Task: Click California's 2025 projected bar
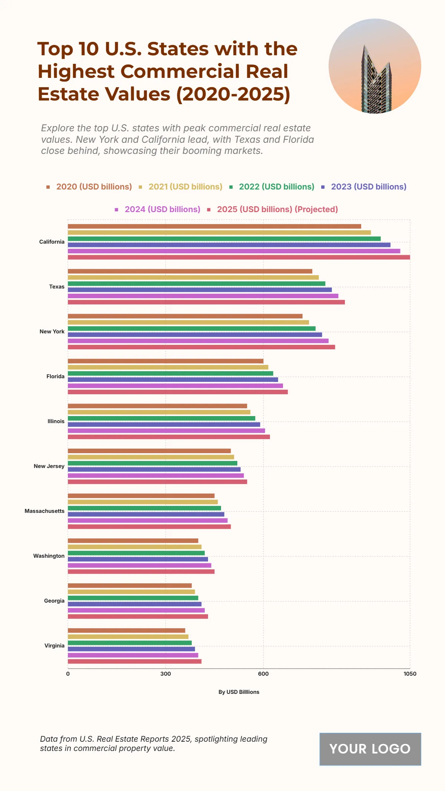(239, 257)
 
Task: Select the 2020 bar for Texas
(190, 271)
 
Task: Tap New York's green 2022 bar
(191, 329)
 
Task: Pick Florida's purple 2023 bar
(173, 380)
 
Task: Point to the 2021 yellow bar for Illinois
(159, 412)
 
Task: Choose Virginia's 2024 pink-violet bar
(133, 655)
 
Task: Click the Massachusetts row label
(44, 511)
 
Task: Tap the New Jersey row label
(49, 466)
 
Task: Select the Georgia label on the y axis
(54, 601)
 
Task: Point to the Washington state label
(49, 556)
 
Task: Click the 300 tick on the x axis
(165, 674)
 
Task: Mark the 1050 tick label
(410, 674)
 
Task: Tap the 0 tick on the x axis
(68, 674)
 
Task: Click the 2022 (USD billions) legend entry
(276, 187)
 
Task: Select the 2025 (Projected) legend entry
(277, 210)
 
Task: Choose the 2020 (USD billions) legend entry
(94, 187)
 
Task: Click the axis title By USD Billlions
(239, 692)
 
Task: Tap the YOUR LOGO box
(370, 749)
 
